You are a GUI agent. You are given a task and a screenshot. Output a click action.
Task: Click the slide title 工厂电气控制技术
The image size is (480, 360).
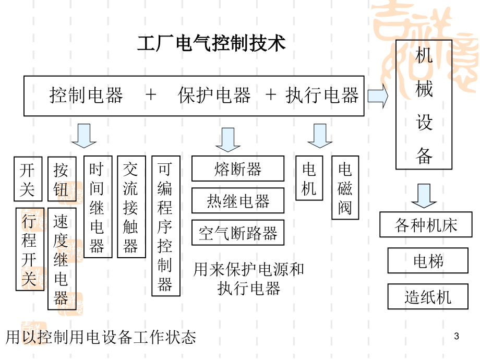(x=211, y=43)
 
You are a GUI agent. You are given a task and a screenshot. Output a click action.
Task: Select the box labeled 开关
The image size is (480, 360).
(x=27, y=179)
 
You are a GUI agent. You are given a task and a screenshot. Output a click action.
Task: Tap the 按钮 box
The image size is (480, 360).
(x=62, y=179)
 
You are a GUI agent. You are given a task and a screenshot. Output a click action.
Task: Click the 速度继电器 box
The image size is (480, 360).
(x=62, y=259)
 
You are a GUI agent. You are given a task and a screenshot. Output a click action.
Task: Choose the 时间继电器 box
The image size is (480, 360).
(x=98, y=207)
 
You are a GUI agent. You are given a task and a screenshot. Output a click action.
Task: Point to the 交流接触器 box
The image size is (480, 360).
(x=131, y=207)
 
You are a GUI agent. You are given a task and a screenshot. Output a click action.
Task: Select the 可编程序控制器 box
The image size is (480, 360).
(x=165, y=226)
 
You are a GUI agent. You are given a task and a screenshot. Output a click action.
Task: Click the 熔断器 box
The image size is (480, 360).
(x=238, y=169)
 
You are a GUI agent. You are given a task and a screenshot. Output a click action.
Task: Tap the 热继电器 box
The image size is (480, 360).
(x=238, y=201)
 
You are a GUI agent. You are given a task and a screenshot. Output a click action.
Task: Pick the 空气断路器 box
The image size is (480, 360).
(x=238, y=233)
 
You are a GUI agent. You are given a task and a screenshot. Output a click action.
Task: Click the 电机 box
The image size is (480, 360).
(x=309, y=178)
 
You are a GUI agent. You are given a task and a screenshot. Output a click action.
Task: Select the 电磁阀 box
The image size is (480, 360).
(x=345, y=188)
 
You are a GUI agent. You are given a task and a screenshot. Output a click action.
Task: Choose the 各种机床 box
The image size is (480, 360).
(x=426, y=225)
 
